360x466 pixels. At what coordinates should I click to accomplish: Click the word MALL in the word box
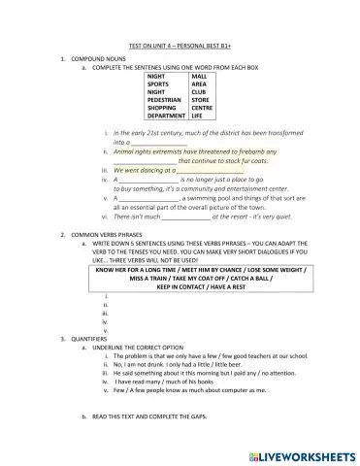199,76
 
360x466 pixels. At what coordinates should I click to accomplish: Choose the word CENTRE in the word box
203,107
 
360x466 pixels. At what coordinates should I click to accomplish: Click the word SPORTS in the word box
160,83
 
